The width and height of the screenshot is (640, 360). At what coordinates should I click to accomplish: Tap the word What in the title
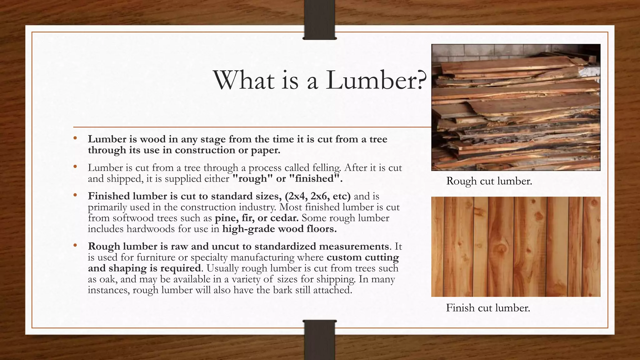(244, 80)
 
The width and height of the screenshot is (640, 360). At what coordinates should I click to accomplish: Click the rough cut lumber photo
(516, 107)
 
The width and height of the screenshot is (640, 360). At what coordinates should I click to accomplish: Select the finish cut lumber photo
(516, 247)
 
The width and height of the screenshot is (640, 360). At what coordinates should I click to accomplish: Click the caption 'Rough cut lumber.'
(489, 181)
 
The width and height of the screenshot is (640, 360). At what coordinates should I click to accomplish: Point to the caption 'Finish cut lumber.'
(488, 308)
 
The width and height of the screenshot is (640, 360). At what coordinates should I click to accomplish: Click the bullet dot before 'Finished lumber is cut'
(75, 195)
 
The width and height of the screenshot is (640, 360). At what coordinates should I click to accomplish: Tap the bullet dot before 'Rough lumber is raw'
(75, 246)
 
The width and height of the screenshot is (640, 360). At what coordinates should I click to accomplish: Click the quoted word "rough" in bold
(253, 179)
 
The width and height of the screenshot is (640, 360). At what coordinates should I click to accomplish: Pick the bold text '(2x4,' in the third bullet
(294, 196)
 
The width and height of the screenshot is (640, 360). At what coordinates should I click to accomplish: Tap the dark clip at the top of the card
(320, 19)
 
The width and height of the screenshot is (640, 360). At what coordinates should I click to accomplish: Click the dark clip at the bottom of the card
(320, 340)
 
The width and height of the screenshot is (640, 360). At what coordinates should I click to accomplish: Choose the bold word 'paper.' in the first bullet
(265, 150)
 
